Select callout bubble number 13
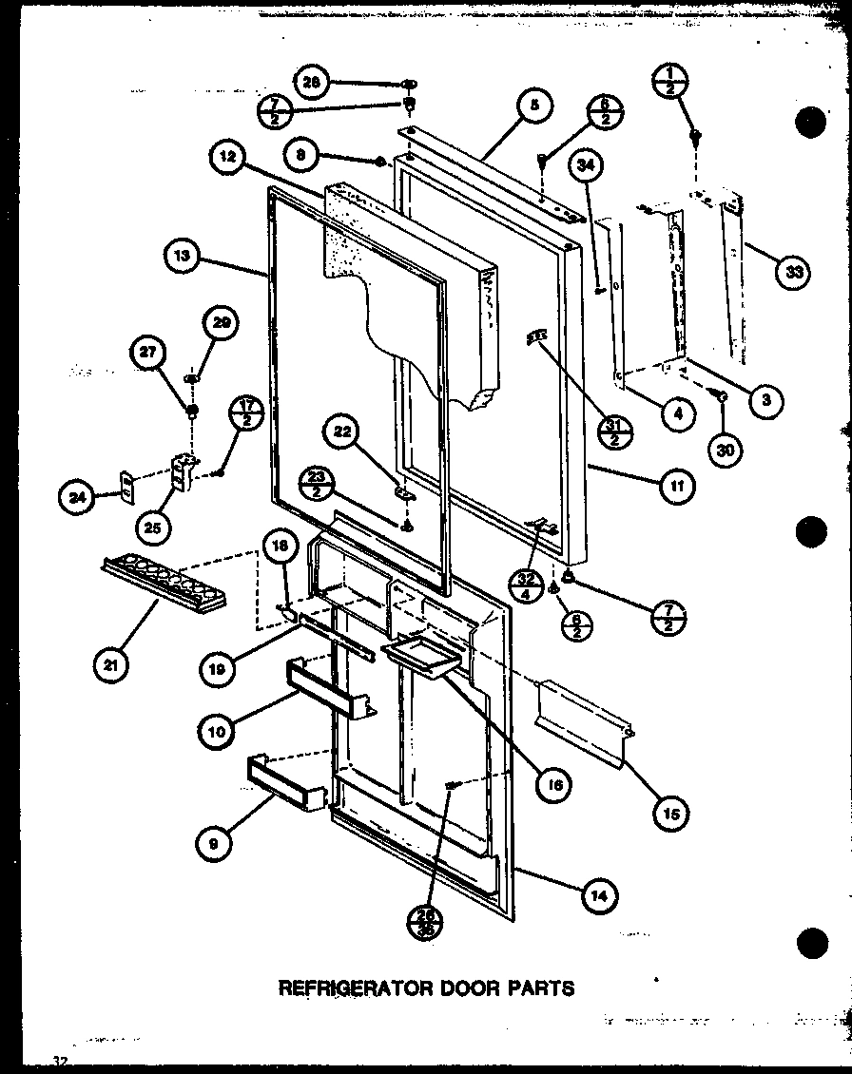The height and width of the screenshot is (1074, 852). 181,256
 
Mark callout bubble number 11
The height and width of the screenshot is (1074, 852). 680,488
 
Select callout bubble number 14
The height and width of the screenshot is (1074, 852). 601,894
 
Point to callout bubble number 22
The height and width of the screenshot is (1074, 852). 342,434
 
